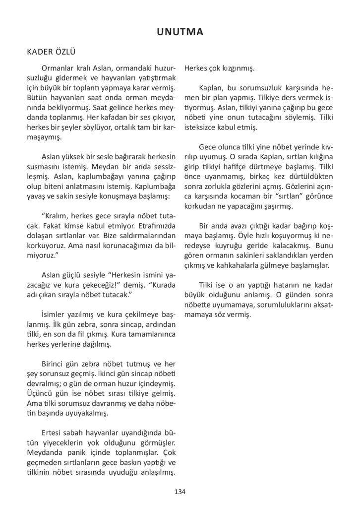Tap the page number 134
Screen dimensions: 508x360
click(180, 492)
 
